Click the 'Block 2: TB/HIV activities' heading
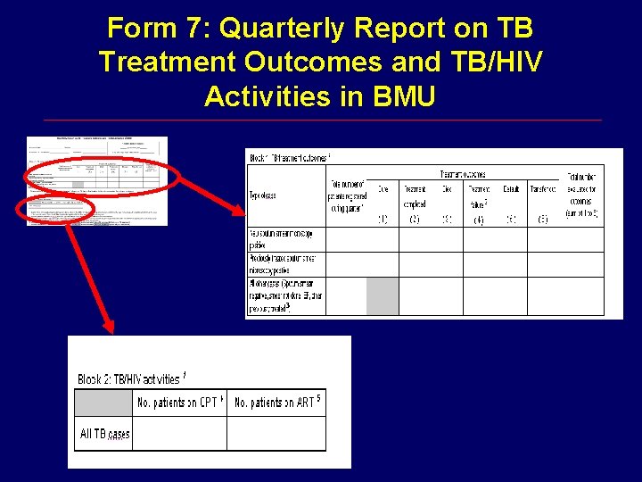[132, 379]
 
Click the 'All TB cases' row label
[104, 434]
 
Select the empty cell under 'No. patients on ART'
[276, 434]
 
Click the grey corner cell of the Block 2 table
[104, 403]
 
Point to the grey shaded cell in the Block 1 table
[383, 295]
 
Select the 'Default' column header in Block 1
[511, 189]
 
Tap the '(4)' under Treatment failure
[479, 219]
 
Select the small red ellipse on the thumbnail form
[55, 209]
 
